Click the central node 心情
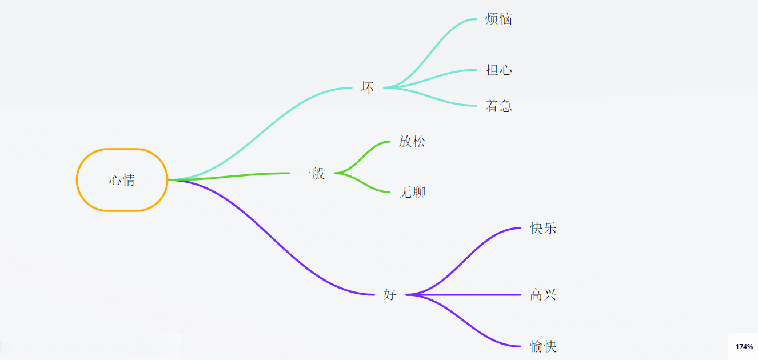(122, 180)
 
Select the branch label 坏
(367, 87)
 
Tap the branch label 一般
(312, 173)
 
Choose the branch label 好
(389, 295)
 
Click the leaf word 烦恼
(498, 19)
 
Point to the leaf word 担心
(498, 70)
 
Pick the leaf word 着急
(498, 106)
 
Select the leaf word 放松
(412, 142)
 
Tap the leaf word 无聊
(412, 193)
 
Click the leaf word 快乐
(542, 229)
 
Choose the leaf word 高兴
(542, 295)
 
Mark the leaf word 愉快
(542, 346)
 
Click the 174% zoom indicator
(744, 347)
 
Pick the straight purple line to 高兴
(469, 295)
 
